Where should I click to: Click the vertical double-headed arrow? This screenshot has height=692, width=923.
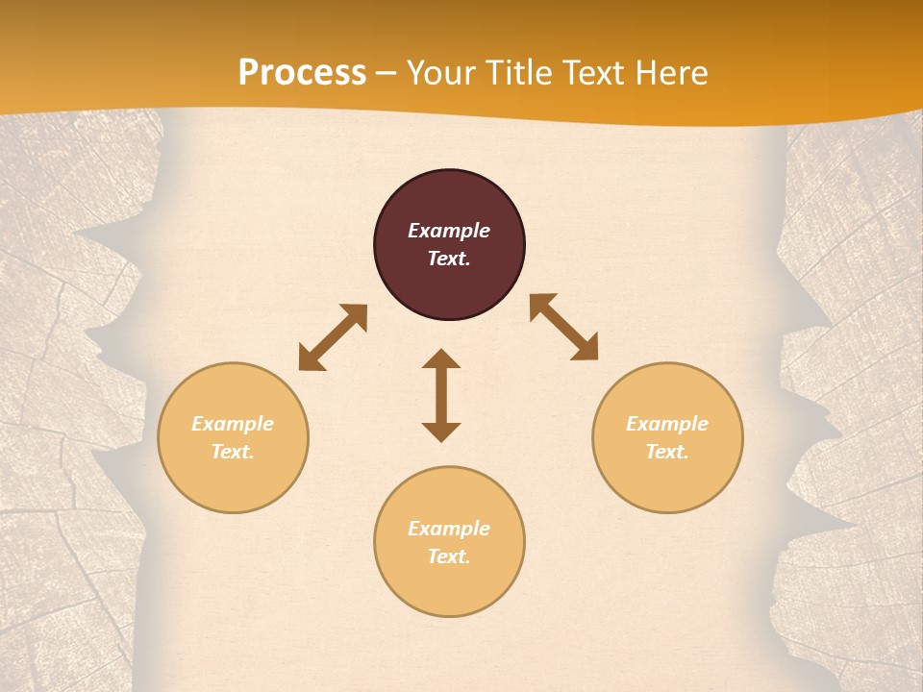(x=441, y=395)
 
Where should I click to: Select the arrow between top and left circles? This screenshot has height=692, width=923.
(x=333, y=337)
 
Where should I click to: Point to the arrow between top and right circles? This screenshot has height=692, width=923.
(x=563, y=327)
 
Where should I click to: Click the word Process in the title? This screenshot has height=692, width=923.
(x=302, y=73)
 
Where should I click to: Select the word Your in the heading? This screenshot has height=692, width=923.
(x=440, y=73)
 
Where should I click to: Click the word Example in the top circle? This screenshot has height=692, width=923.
(x=449, y=231)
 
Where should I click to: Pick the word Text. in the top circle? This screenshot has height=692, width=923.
(x=449, y=259)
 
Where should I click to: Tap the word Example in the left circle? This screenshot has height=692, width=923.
(x=233, y=424)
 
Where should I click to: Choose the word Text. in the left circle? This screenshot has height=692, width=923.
(x=233, y=452)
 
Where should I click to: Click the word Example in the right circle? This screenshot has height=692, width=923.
(x=667, y=424)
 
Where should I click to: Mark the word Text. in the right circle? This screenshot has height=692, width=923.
(x=667, y=452)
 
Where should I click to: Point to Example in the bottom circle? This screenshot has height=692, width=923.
(x=449, y=529)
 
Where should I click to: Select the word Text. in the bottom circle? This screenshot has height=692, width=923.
(x=449, y=556)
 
